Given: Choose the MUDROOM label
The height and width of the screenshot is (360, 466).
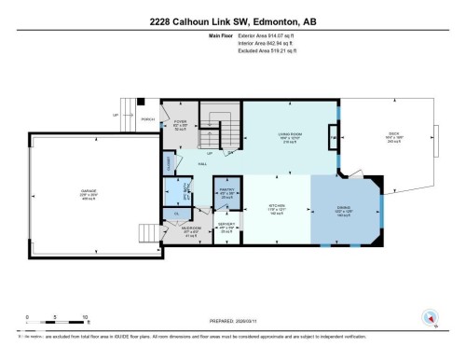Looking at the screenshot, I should [x=193, y=229].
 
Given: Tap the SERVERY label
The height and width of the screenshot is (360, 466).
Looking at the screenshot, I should [x=226, y=226].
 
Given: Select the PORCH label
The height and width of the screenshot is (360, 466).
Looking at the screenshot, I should [x=146, y=119].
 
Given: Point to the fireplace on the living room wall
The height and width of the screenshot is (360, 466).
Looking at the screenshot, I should [x=334, y=137].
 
